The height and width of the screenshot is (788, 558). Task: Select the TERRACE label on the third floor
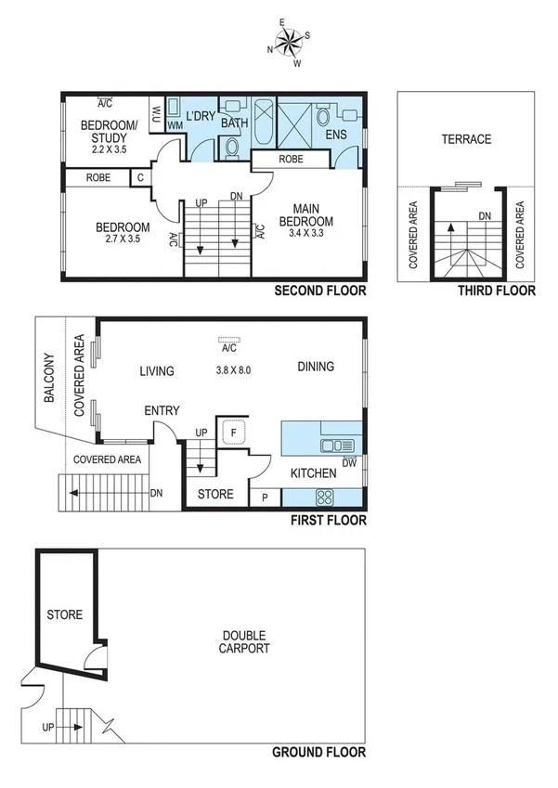tap(465, 139)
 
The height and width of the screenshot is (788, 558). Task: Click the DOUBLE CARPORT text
tap(244, 641)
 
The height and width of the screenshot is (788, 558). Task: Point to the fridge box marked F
tap(231, 432)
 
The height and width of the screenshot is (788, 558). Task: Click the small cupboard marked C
tap(140, 176)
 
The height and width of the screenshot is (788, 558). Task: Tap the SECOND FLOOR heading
tap(320, 291)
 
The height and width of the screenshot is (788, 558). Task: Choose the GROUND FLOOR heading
tap(318, 753)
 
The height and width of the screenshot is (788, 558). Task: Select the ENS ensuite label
tap(337, 136)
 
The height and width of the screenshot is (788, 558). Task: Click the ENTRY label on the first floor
tap(162, 411)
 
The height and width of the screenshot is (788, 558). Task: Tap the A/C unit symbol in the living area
tap(228, 341)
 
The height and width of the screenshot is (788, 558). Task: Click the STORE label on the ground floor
tap(65, 614)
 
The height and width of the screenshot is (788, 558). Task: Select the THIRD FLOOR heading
tap(497, 291)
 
